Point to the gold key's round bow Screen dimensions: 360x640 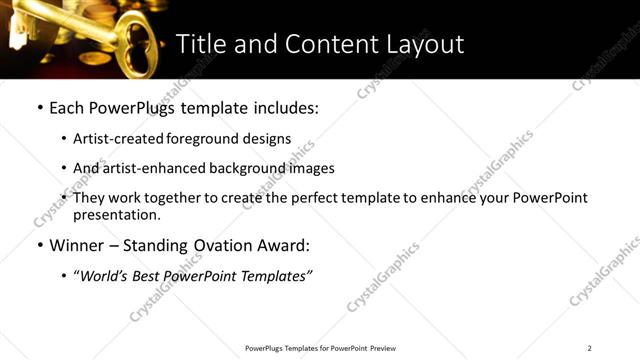(134, 30)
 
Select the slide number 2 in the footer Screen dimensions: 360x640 (590, 348)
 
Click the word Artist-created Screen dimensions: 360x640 (114, 139)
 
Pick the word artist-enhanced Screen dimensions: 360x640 (148, 169)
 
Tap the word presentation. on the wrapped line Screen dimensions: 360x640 (116, 215)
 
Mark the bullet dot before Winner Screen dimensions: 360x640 (39, 245)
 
